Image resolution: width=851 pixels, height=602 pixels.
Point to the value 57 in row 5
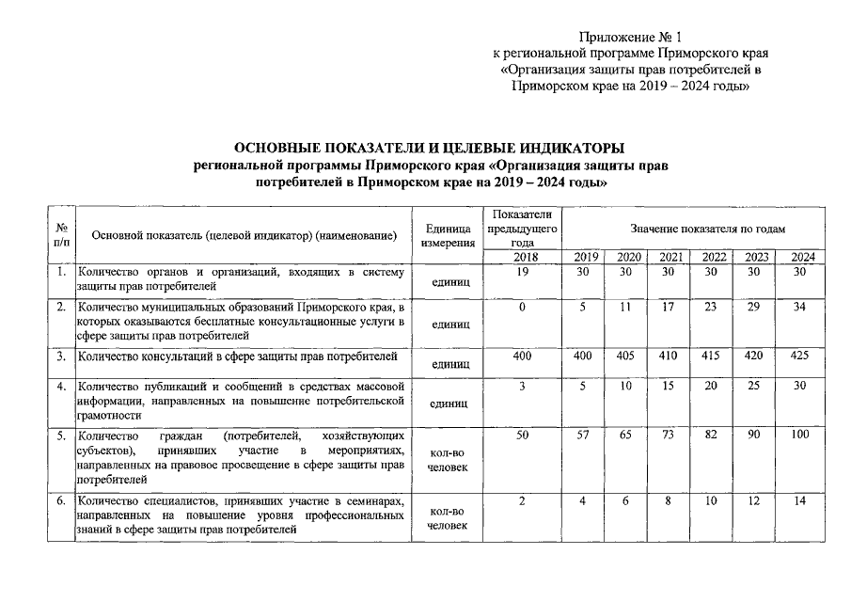[x=584, y=436]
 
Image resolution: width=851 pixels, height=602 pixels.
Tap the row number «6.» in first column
[x=60, y=501]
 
